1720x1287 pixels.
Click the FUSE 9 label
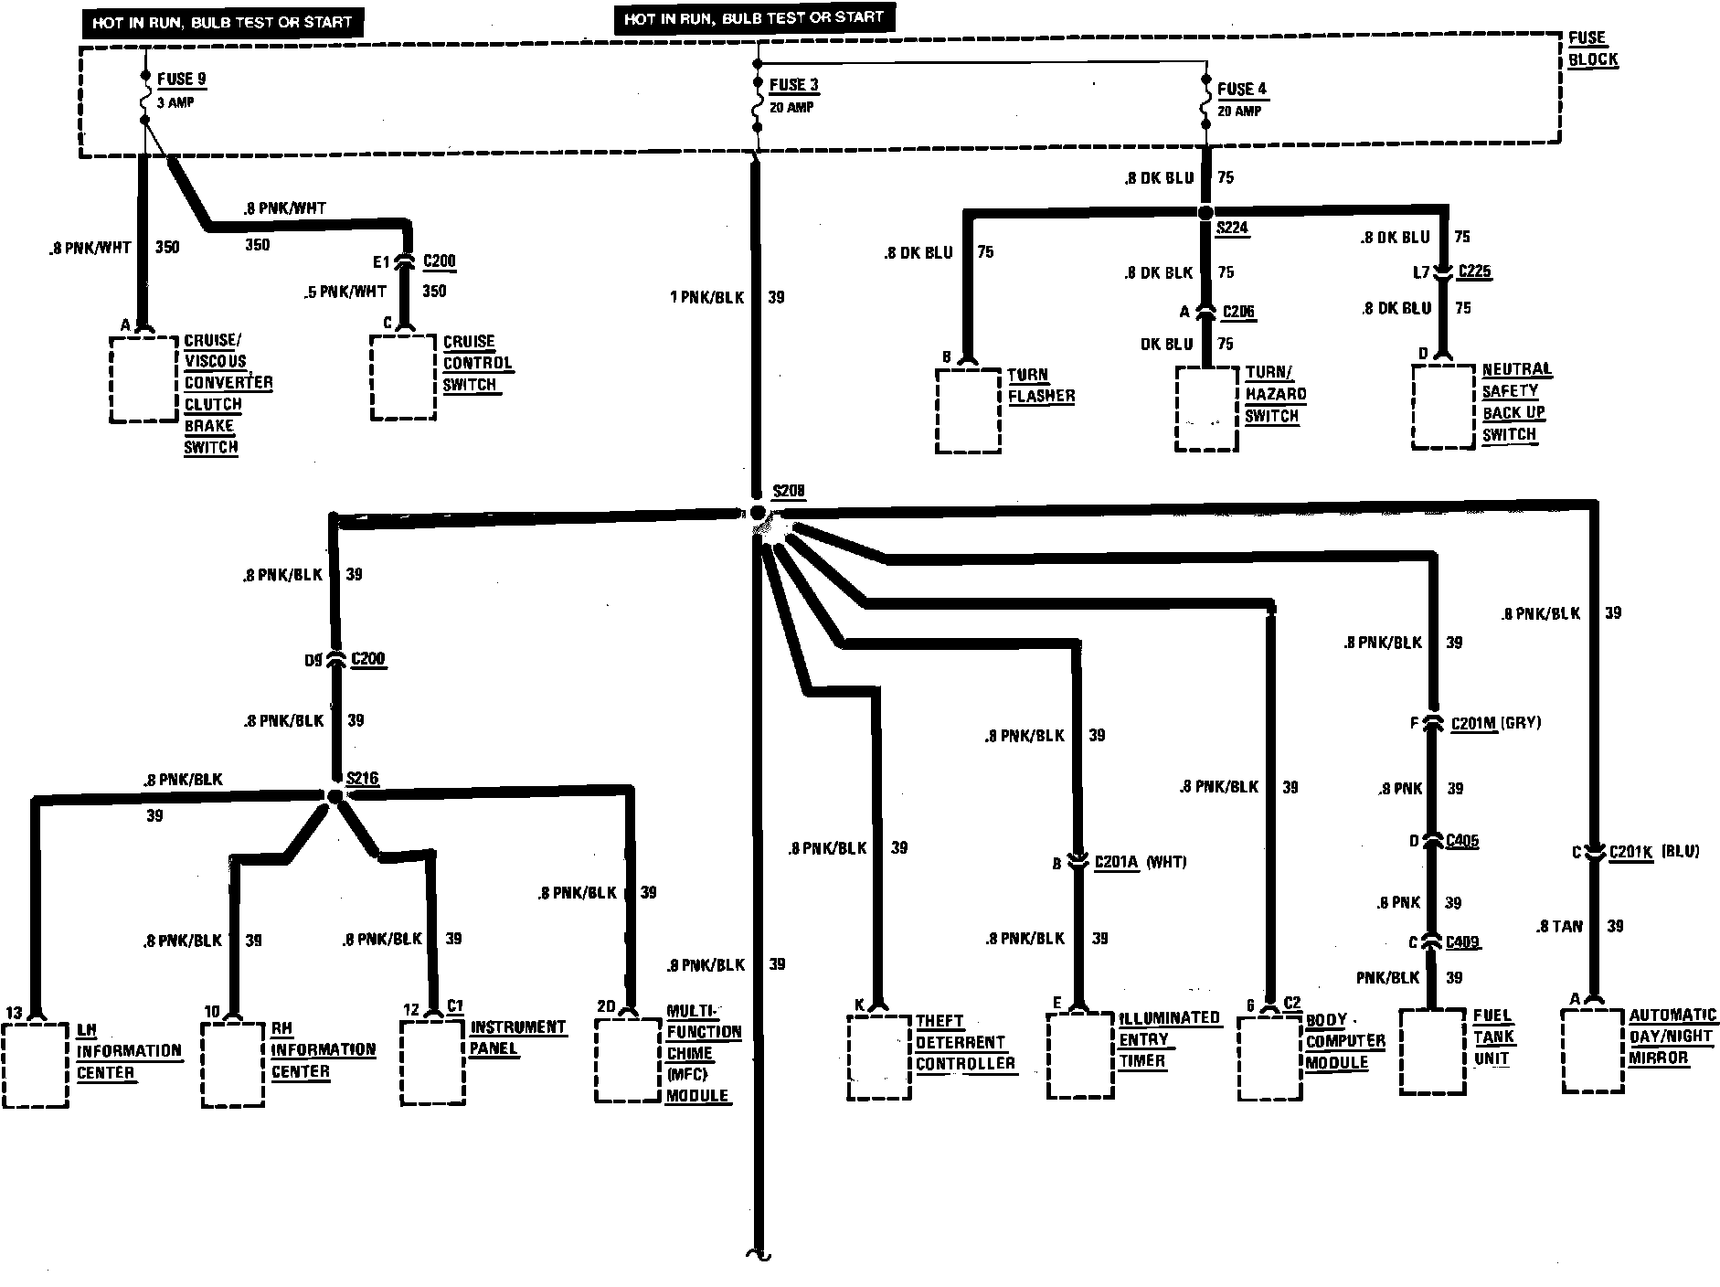coord(181,80)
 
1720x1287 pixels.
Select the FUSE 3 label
coord(792,85)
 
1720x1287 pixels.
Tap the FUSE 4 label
coord(1242,89)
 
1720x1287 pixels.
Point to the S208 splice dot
coord(757,513)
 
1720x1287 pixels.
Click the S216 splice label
coord(362,778)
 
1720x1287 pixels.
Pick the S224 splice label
coord(1232,228)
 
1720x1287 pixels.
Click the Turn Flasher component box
coord(968,410)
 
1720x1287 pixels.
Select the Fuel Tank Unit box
coord(1432,1051)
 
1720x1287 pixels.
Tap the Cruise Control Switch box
coord(403,378)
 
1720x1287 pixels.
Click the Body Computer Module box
coord(1270,1058)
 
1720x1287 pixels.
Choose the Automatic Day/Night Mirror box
coord(1593,1050)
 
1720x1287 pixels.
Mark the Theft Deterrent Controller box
coord(879,1057)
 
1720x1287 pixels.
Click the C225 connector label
coord(1474,271)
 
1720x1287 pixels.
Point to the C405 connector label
coord(1461,841)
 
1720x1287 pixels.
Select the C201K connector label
coord(1630,851)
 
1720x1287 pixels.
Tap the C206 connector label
coord(1238,312)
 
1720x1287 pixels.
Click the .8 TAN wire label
coord(1560,926)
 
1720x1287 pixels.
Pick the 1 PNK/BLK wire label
coord(706,297)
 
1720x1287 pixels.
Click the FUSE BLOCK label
coord(1592,48)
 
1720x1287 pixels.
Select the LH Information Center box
coord(36,1065)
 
